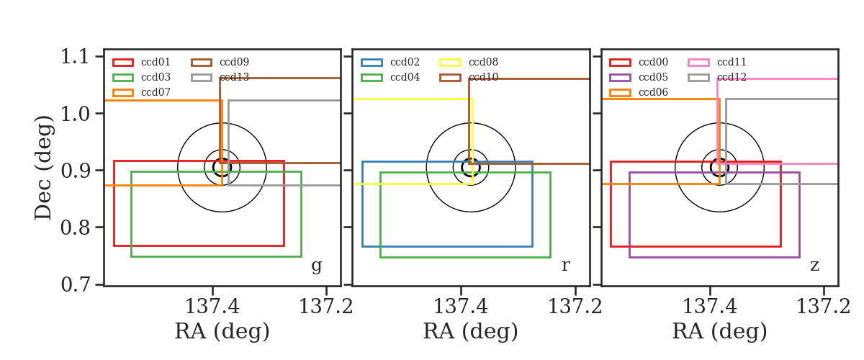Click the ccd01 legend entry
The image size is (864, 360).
tap(141, 62)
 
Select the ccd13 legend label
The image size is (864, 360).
tap(234, 77)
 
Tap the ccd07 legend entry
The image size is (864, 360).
tap(141, 92)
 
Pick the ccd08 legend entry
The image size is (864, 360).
tap(469, 62)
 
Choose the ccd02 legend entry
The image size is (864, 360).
tap(390, 62)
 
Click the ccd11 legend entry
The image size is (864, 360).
tap(717, 62)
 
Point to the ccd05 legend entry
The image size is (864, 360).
tap(639, 77)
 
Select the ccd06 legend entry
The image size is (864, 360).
tap(639, 92)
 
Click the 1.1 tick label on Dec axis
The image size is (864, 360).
tap(75, 57)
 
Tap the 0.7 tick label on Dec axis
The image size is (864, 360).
tap(75, 284)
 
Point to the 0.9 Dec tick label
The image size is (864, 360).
tap(75, 171)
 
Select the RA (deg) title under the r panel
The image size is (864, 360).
tap(471, 331)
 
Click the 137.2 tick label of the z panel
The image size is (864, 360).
tap(824, 307)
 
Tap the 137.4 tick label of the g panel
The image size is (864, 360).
tap(212, 307)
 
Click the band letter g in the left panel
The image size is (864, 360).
tap(316, 266)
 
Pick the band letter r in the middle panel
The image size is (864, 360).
tap(565, 265)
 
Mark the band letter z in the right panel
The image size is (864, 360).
tap(814, 266)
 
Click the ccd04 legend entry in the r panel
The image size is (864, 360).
tap(390, 77)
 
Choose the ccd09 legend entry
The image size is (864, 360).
tap(220, 62)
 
